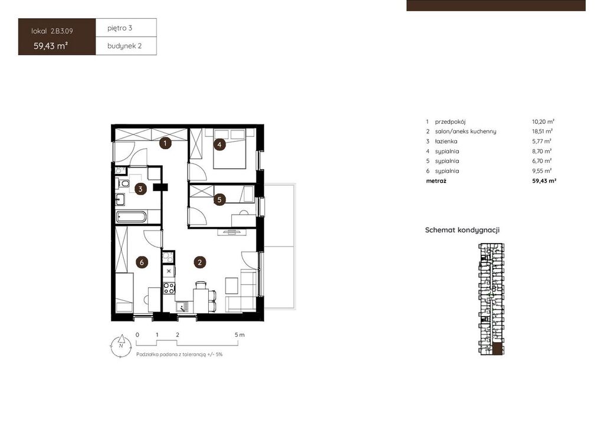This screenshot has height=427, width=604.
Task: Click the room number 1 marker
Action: click(165, 144)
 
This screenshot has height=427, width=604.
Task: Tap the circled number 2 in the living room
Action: click(199, 262)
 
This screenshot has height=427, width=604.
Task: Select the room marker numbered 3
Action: click(140, 189)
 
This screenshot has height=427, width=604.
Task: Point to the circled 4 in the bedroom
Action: click(219, 144)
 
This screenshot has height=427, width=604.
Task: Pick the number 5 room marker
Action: click(219, 199)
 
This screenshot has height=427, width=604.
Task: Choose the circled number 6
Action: click(142, 262)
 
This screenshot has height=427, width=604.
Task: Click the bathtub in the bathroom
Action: click(131, 217)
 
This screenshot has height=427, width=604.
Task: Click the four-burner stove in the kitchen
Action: click(169, 288)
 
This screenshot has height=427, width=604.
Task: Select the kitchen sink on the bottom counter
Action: click(182, 307)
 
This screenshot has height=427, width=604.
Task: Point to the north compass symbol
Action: click(121, 346)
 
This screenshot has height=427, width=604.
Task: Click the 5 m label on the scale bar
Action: click(239, 335)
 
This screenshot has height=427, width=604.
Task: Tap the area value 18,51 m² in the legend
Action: click(543, 132)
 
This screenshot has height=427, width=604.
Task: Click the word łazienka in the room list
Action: click(446, 142)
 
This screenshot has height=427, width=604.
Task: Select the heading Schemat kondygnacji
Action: click(462, 230)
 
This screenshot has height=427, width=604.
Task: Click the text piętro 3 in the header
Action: click(120, 28)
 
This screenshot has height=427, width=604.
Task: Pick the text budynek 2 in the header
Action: click(124, 46)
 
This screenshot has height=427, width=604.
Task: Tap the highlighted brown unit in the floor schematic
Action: click(498, 348)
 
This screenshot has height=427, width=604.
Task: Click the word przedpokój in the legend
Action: click(450, 121)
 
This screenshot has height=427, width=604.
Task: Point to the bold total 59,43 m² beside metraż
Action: click(544, 180)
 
